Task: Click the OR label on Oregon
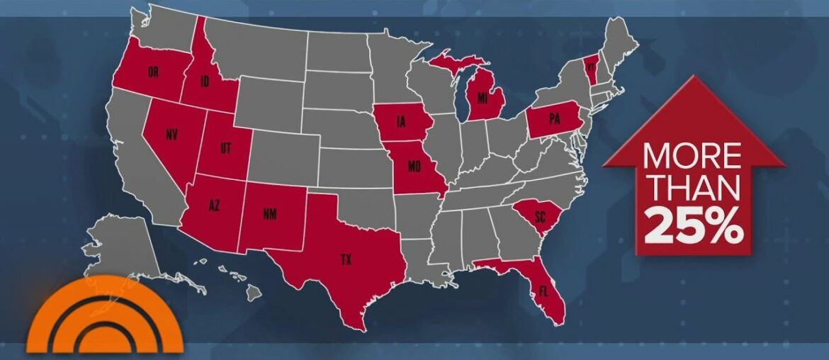153,72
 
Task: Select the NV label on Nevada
171,134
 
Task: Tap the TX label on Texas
346,260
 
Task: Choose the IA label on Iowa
400,123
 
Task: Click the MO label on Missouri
414,168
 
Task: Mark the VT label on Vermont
590,64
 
